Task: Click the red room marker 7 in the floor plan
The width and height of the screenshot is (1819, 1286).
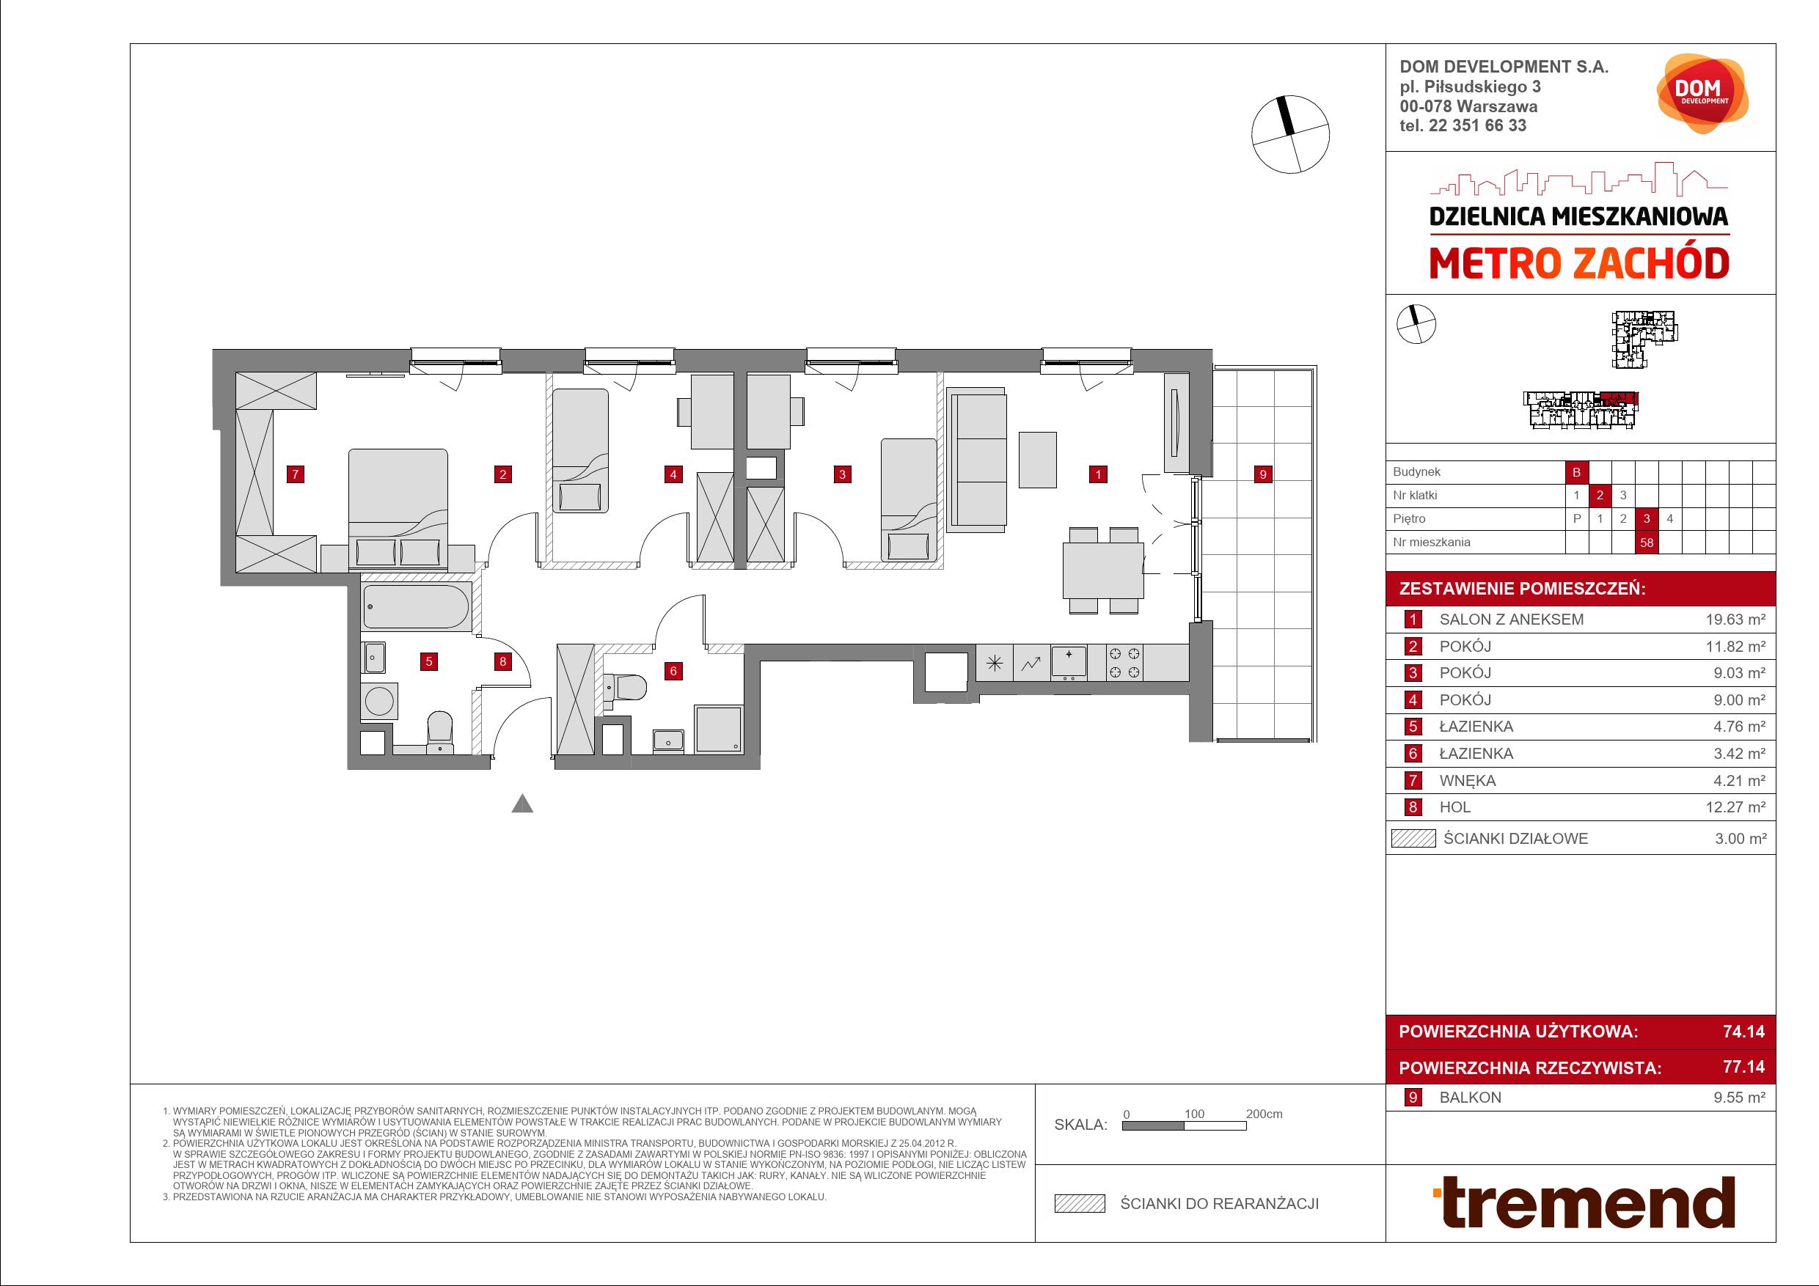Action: click(x=295, y=474)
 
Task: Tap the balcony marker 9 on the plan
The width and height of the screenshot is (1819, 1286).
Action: click(x=1263, y=474)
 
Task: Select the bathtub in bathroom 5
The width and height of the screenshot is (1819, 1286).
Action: click(x=416, y=607)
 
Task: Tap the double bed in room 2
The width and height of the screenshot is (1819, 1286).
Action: click(x=398, y=508)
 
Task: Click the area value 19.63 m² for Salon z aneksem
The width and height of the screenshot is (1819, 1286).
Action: click(x=1735, y=620)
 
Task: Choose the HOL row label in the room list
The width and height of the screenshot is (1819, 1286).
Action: click(x=1454, y=807)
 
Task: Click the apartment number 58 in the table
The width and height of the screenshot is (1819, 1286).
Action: click(x=1647, y=543)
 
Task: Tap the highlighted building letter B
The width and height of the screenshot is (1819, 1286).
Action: click(x=1576, y=472)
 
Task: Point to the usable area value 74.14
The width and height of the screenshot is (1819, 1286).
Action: click(x=1743, y=1031)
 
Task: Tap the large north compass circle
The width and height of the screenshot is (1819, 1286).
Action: click(x=1291, y=135)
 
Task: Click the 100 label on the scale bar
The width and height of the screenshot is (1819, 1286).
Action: click(x=1194, y=1114)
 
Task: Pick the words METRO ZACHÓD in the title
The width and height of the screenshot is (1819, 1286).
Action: click(x=1579, y=264)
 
